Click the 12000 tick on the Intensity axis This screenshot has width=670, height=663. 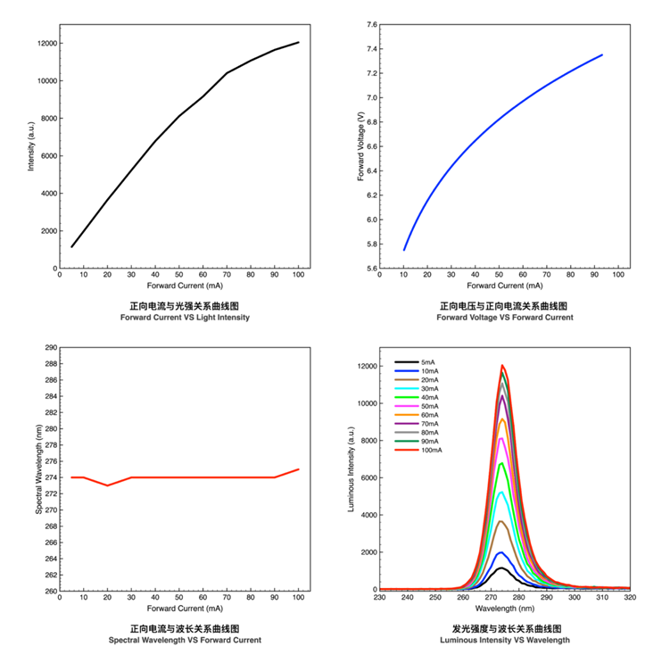click(x=47, y=43)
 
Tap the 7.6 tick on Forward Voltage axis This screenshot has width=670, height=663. click(x=371, y=24)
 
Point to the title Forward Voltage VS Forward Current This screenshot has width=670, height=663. click(x=505, y=318)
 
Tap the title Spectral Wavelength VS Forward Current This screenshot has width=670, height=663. click(x=185, y=641)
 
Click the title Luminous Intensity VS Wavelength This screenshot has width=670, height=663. click(x=505, y=641)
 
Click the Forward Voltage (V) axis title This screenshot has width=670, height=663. click(x=360, y=146)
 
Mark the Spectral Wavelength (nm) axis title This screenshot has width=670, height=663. click(x=39, y=469)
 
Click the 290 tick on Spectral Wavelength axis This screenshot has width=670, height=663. click(x=50, y=348)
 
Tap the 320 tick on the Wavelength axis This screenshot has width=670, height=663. click(x=629, y=598)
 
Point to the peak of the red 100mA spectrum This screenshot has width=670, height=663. click(x=503, y=365)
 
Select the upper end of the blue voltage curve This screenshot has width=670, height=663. click(x=602, y=54)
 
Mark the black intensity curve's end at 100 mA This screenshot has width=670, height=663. click(x=298, y=42)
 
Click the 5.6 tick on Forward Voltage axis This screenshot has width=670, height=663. click(x=371, y=268)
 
